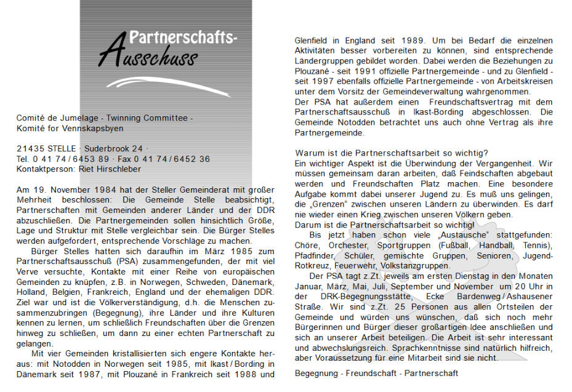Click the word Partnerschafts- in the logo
(x=183, y=38)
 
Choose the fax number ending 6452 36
(x=187, y=159)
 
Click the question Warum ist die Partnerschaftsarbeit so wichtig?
(x=392, y=153)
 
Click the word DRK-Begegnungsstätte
(x=358, y=297)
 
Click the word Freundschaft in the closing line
(x=374, y=373)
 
